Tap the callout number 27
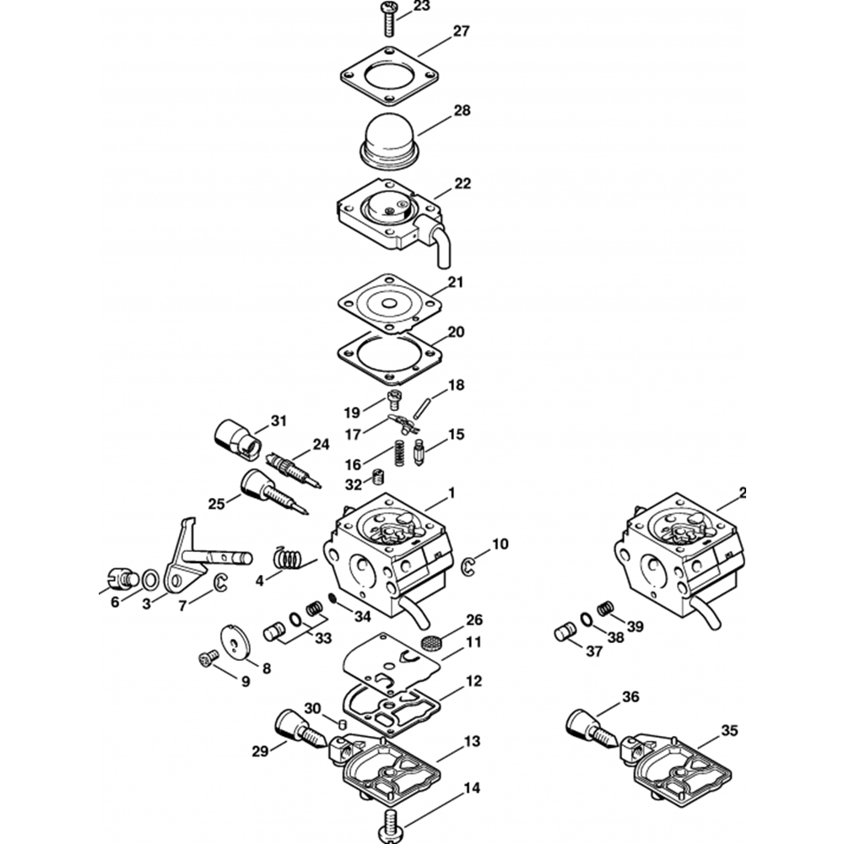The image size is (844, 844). coord(462,31)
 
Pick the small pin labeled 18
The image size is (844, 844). coord(419,406)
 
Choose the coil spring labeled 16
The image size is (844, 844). coord(399,453)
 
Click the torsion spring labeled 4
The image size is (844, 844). coord(290,558)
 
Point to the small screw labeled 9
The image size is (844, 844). coord(208,657)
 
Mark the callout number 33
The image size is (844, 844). coord(323,638)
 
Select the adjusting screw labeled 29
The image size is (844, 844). coord(299,728)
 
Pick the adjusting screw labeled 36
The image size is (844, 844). coord(591,728)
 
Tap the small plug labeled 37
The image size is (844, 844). coord(565,631)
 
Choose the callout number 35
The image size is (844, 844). coord(729,731)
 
